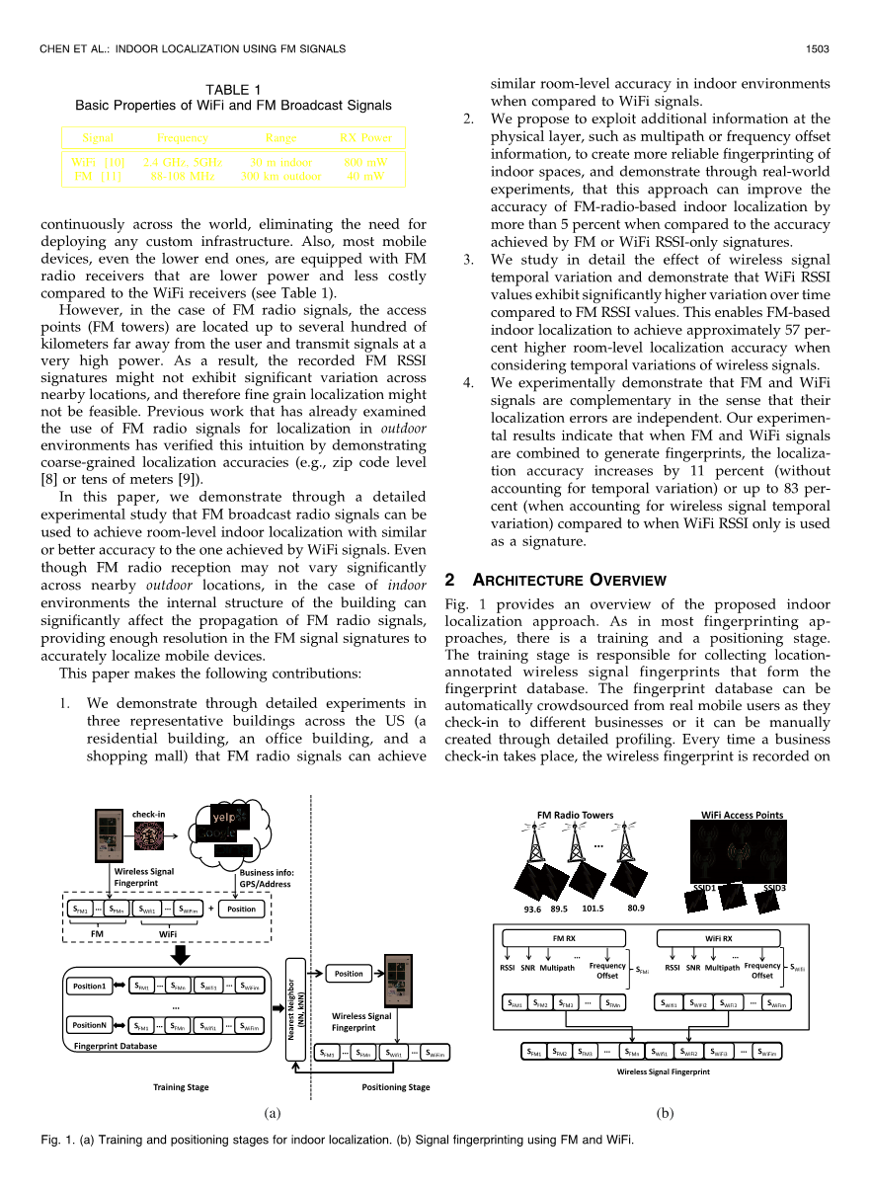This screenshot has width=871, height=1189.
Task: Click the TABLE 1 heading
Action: point(233,90)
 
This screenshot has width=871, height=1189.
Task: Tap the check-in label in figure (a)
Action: point(148,814)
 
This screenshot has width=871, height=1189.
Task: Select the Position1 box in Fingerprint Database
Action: point(90,986)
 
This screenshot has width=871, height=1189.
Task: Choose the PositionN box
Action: point(90,1026)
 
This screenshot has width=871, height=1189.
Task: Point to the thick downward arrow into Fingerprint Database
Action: point(180,954)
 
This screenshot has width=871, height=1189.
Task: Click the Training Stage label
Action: point(181,1086)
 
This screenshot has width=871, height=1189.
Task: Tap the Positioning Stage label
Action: point(396,1086)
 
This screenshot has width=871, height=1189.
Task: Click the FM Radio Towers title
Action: point(575,815)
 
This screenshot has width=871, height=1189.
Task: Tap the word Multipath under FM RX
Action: point(558,968)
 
